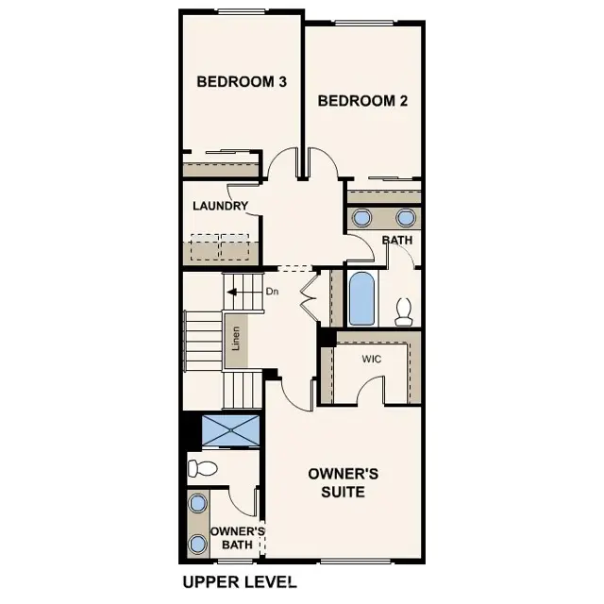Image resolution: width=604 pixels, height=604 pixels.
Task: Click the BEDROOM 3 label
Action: (242, 82)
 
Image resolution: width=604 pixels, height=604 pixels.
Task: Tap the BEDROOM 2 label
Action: (362, 101)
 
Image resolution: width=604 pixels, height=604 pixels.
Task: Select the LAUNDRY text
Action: (220, 206)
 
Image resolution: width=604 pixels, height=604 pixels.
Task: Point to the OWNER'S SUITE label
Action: (344, 482)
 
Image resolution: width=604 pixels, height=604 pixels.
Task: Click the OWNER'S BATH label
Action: (237, 538)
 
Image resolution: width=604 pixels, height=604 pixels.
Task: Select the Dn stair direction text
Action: (272, 292)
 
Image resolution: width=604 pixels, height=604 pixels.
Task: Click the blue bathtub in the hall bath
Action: (362, 298)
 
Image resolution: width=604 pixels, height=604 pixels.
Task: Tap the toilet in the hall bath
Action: (405, 310)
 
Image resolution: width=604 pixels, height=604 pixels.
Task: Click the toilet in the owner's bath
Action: (203, 467)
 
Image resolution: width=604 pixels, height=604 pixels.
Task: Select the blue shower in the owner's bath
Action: (231, 430)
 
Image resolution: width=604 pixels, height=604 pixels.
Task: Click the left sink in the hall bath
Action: (362, 218)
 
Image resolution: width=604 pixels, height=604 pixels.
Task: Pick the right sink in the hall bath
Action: (406, 218)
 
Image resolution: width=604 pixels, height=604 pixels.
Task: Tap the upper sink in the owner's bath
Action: (197, 503)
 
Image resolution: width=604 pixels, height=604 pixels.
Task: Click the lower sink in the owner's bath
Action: (197, 544)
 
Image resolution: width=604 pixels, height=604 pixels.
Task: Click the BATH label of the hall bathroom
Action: (397, 241)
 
